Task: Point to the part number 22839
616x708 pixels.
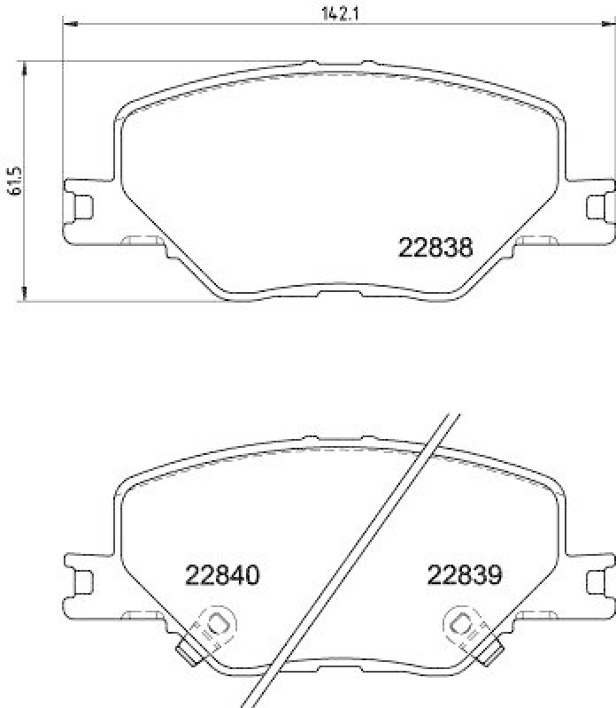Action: (465, 575)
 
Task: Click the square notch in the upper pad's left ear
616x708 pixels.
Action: (84, 205)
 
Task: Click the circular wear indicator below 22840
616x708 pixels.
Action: (217, 627)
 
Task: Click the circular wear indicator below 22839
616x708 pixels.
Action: (461, 627)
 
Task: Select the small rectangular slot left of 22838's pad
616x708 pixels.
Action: (137, 240)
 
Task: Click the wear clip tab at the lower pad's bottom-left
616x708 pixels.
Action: (188, 653)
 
